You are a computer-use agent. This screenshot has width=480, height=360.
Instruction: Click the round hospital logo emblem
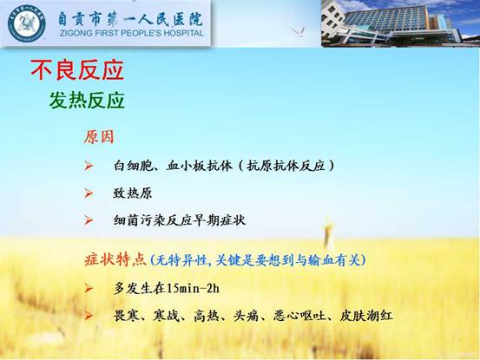pos(27,23)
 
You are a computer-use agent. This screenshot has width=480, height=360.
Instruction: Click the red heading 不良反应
pos(77,70)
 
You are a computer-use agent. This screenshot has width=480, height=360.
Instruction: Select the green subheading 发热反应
pos(87,100)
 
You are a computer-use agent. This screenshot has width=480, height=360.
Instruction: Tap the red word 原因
pos(99,137)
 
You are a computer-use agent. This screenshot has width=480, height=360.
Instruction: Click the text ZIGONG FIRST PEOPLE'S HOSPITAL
pos(132,33)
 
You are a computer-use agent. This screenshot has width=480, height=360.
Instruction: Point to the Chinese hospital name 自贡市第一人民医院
pos(130,19)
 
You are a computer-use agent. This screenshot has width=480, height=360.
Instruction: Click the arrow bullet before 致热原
pos(89,193)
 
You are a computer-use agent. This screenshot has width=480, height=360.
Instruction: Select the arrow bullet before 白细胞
pos(89,166)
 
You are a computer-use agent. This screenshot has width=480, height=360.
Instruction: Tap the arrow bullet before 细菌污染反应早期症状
pos(89,220)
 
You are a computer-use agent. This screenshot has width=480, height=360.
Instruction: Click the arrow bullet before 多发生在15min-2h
pos(89,288)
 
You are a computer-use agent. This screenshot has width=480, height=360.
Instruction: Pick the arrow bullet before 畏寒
pos(89,316)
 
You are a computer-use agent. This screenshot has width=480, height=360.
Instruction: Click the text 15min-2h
pos(193,288)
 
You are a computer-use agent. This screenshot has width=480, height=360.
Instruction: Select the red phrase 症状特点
pos(115,260)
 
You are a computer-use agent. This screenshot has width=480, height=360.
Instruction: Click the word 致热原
pos(133,193)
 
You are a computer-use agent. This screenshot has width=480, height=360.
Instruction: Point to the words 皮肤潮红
pos(366,316)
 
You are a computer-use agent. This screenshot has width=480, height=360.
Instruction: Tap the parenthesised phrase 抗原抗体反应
pos(286,166)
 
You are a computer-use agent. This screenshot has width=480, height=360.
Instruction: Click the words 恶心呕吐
pos(299,316)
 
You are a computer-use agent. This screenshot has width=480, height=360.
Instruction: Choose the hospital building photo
pos(400,23)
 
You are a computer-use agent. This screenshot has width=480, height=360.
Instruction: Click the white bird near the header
pos(298,31)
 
